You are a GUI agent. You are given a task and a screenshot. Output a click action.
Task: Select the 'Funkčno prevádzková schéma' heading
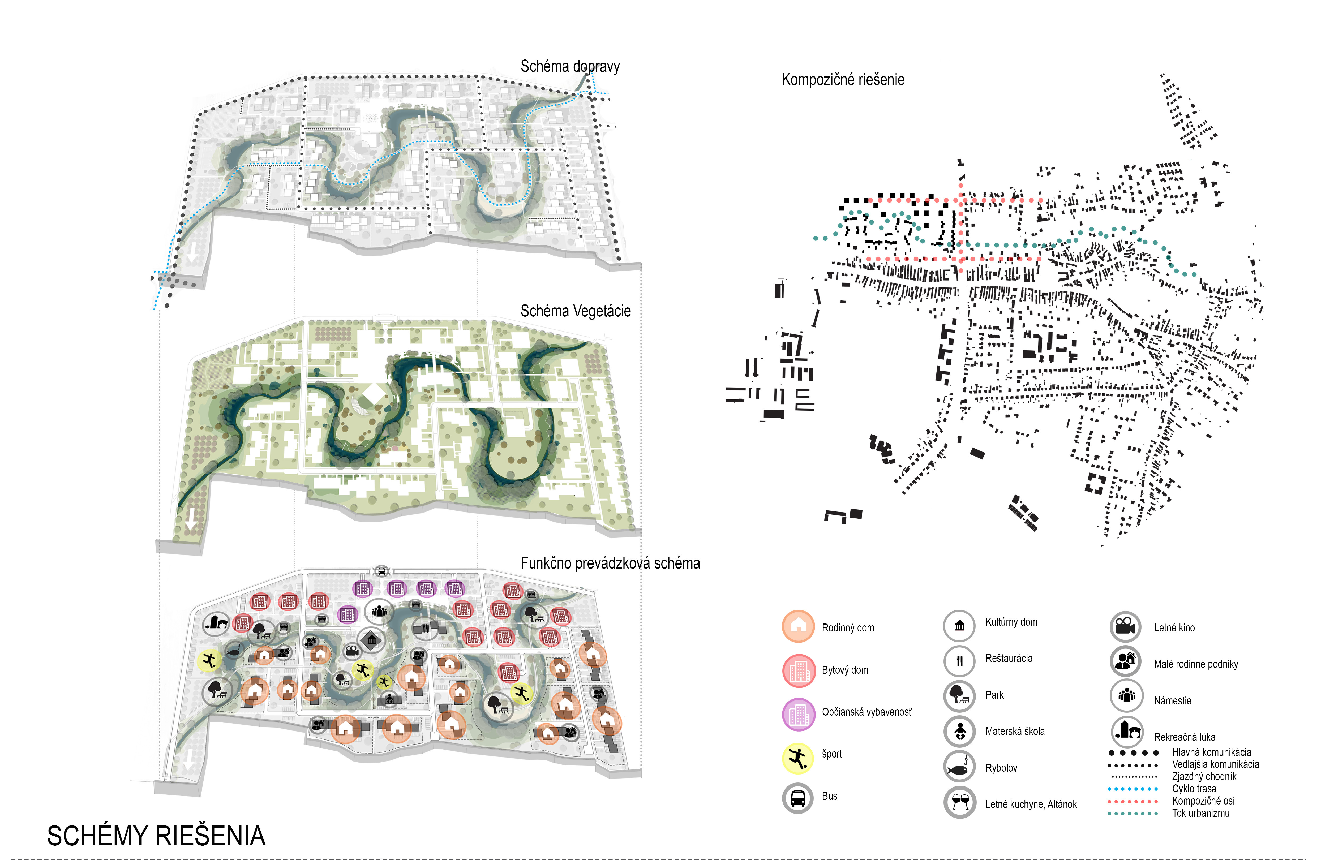610,563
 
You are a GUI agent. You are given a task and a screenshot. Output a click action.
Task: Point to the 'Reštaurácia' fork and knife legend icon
959,661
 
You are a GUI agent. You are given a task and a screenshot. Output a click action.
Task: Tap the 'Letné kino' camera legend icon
1125,626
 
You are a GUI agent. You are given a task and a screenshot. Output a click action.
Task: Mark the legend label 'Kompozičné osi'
1203,801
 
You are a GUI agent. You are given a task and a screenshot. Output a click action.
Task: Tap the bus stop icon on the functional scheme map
381,571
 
